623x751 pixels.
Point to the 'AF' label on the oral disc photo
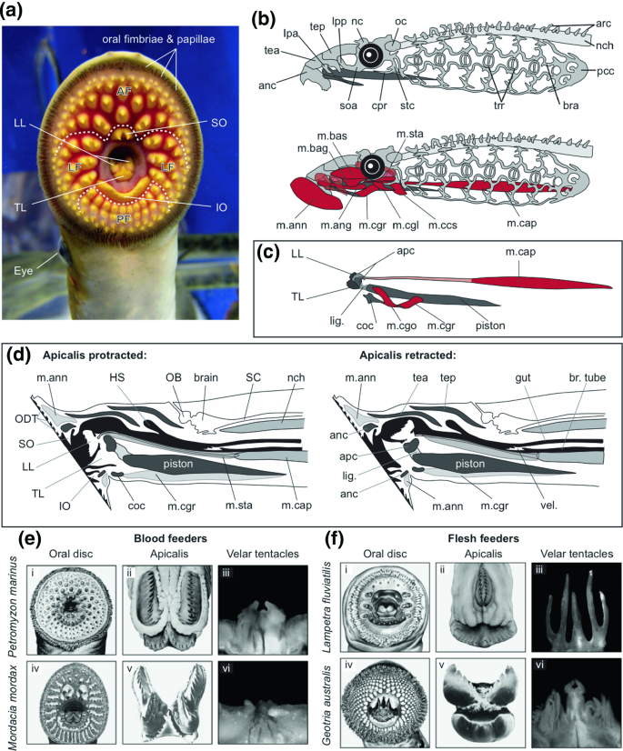(127, 91)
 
